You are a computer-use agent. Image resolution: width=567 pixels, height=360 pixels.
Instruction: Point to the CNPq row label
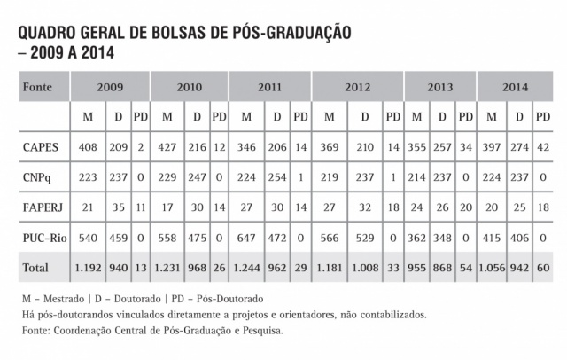tap(36, 176)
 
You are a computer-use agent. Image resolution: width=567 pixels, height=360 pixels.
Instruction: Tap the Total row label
tap(35, 266)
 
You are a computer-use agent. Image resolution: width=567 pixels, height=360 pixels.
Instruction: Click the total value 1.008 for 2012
tap(365, 266)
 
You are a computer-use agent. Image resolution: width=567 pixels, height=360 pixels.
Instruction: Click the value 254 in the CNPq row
tap(276, 176)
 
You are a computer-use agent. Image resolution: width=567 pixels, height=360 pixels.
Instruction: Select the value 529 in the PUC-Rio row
tap(365, 237)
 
